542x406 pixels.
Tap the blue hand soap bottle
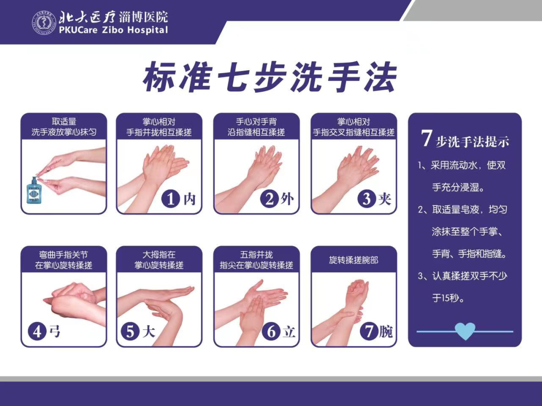click(35, 190)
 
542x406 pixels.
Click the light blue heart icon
click(465, 331)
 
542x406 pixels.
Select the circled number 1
click(171, 198)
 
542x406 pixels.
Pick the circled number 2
click(269, 198)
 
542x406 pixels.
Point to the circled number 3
click(366, 198)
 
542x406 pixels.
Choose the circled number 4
click(37, 331)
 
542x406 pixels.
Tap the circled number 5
click(130, 331)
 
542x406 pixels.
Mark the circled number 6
click(272, 331)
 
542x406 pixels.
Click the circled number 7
click(369, 331)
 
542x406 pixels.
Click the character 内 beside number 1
click(189, 199)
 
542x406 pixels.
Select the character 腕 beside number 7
click(386, 332)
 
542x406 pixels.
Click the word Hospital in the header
click(148, 30)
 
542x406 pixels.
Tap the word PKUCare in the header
click(78, 30)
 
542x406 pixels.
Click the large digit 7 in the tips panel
click(426, 138)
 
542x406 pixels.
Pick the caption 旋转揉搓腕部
click(353, 260)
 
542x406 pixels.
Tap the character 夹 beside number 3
click(385, 199)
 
